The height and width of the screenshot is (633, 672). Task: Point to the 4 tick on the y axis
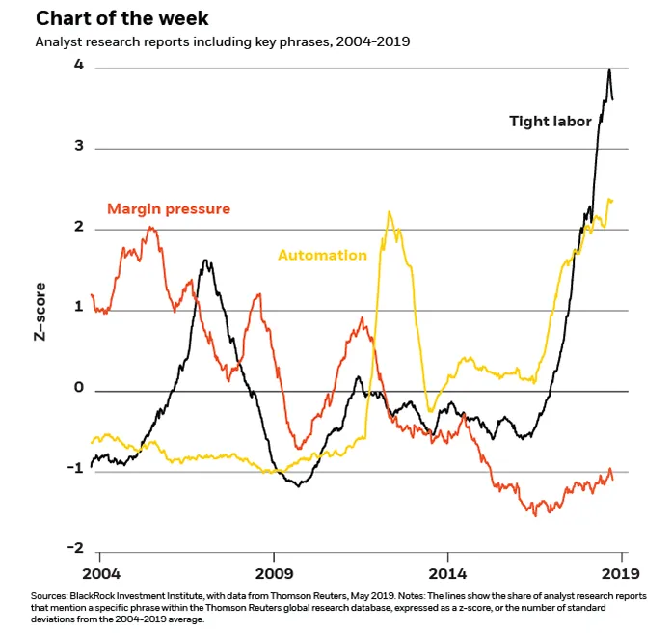[79, 66]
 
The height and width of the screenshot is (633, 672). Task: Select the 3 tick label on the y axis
[79, 147]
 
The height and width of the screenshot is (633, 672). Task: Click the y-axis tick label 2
[79, 228]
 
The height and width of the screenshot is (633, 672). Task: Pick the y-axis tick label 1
[79, 309]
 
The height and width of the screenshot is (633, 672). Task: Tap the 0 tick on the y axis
[79, 390]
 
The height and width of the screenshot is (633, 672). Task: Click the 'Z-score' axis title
[41, 311]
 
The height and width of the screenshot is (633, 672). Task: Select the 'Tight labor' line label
[551, 122]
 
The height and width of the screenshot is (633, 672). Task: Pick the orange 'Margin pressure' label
[169, 208]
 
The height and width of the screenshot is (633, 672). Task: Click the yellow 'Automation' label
[322, 256]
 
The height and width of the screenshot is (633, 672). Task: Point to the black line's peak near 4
[609, 69]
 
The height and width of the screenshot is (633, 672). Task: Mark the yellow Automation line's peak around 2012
[390, 212]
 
